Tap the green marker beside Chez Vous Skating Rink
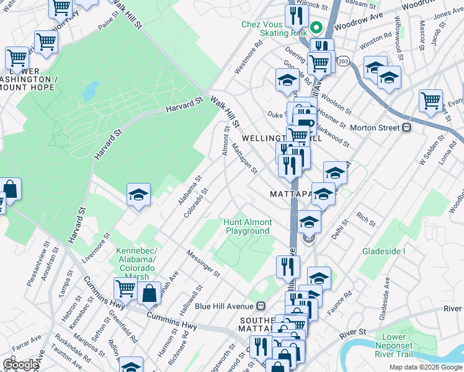[315, 28]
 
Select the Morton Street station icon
[407, 128]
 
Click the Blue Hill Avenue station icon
[261, 306]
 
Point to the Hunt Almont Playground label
[248, 226]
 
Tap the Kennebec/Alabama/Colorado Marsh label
[137, 260]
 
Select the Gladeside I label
[383, 251]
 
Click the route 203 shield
[344, 61]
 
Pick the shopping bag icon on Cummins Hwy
[149, 294]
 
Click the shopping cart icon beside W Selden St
[431, 100]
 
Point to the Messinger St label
[204, 263]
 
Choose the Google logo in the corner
[20, 365]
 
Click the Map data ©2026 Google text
[426, 367]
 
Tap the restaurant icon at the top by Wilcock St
[297, 15]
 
